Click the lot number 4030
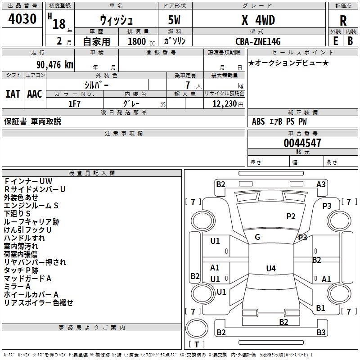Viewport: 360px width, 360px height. click(x=22, y=19)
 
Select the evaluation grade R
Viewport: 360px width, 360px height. click(x=343, y=21)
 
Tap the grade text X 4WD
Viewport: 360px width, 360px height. click(x=258, y=20)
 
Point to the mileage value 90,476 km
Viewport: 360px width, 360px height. click(x=51, y=65)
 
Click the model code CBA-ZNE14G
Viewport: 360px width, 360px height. click(x=258, y=42)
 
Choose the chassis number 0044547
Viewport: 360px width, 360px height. click(x=302, y=144)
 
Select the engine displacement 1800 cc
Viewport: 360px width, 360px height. click(x=137, y=42)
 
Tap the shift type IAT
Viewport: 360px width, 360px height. click(x=13, y=94)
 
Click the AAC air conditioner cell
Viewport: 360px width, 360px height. click(x=35, y=94)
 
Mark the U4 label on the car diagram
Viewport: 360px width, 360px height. click(x=270, y=269)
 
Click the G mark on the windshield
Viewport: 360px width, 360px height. click(x=257, y=237)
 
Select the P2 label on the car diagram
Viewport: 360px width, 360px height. click(x=291, y=216)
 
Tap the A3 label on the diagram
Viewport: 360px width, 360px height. click(x=321, y=184)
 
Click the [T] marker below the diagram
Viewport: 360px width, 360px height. click(x=196, y=344)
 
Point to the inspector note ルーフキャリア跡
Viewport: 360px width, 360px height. click(x=31, y=222)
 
